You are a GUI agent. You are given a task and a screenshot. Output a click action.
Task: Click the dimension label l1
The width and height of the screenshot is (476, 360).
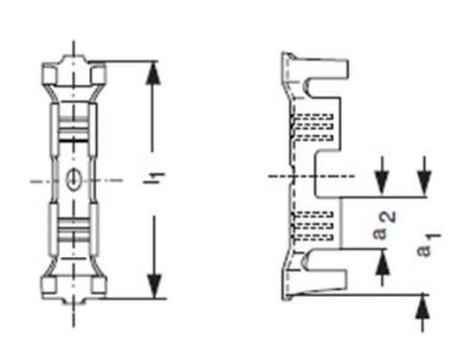click(x=155, y=180)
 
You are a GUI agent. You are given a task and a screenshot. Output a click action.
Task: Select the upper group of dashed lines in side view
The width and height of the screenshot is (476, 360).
click(x=317, y=126)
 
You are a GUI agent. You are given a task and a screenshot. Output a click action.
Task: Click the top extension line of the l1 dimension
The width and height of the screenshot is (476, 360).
click(x=130, y=61)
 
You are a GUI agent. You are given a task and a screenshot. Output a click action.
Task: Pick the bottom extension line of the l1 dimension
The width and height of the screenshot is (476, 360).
click(x=130, y=298)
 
